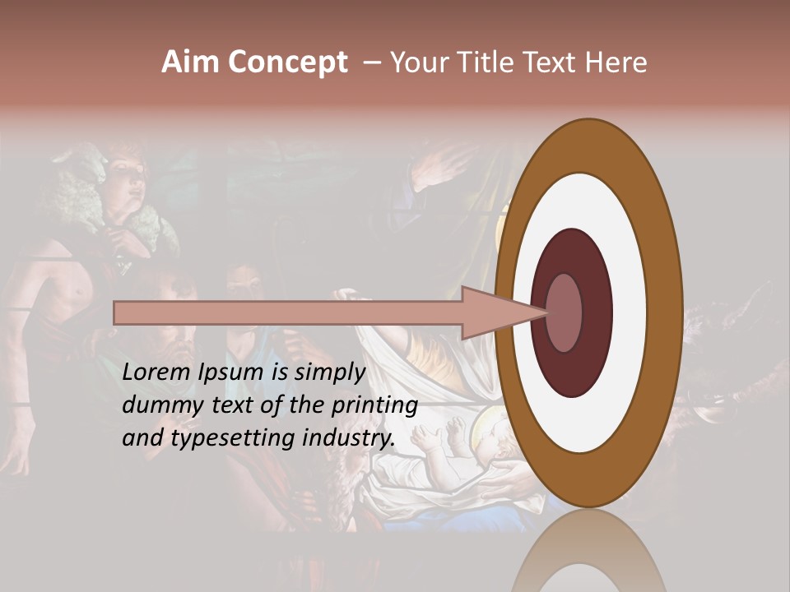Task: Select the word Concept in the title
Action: pyautogui.click(x=288, y=63)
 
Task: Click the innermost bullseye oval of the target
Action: pyautogui.click(x=565, y=313)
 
